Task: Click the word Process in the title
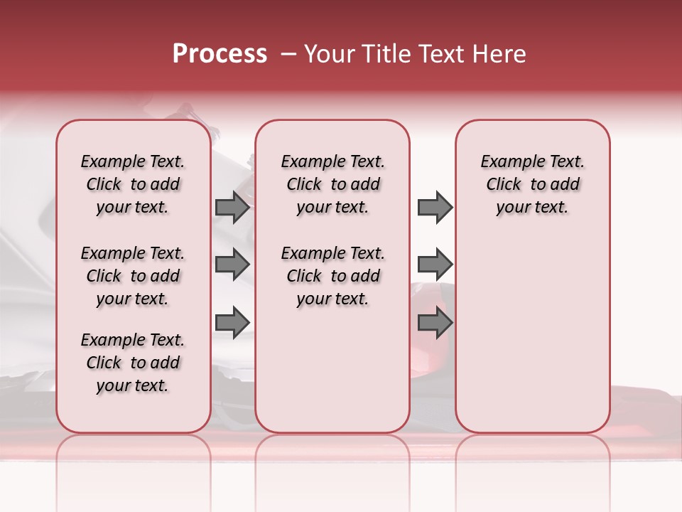220,54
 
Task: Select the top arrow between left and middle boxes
232,207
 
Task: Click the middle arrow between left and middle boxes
232,265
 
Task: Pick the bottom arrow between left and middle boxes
232,322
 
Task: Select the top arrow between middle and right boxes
435,207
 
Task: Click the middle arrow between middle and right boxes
435,265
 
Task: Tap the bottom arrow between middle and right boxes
435,322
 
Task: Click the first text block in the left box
133,184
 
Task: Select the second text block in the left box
133,276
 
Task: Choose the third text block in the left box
133,363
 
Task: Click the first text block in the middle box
332,184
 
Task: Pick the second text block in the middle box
332,276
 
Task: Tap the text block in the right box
532,184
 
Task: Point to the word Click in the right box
504,184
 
